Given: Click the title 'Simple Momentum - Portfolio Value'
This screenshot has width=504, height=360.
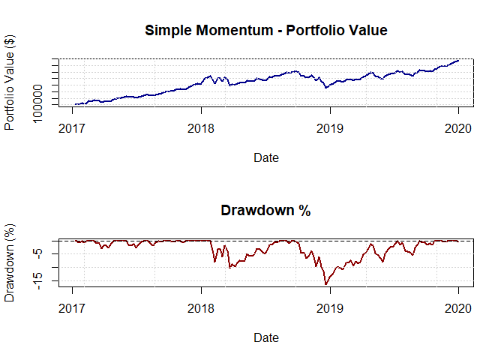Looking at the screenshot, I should pos(266,31).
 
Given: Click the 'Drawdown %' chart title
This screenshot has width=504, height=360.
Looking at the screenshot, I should pos(266,211).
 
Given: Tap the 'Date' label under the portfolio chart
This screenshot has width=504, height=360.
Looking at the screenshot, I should pos(266,157).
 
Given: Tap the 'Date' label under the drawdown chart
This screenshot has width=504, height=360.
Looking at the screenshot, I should pos(266,337).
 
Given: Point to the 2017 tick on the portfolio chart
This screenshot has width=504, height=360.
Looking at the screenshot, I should pos(73,128).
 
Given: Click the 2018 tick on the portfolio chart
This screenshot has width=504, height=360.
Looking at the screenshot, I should pos(201,128).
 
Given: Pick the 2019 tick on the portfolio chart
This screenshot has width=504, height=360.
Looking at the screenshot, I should pos(329,128).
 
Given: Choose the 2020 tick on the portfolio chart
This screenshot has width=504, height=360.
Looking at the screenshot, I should pos(457,128).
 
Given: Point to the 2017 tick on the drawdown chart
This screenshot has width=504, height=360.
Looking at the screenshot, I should pos(73,308).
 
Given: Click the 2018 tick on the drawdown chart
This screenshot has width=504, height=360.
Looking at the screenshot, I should pos(201,308).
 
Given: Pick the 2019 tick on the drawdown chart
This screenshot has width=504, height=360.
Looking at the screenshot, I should pos(329,308).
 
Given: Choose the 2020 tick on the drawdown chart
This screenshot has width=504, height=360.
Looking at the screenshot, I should pos(457,308).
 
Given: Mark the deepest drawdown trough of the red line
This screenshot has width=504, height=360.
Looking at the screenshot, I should pos(325,284).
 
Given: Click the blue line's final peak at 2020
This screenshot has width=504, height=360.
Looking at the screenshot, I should pos(457,60).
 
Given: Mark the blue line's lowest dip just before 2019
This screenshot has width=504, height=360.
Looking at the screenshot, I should pos(325,88).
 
